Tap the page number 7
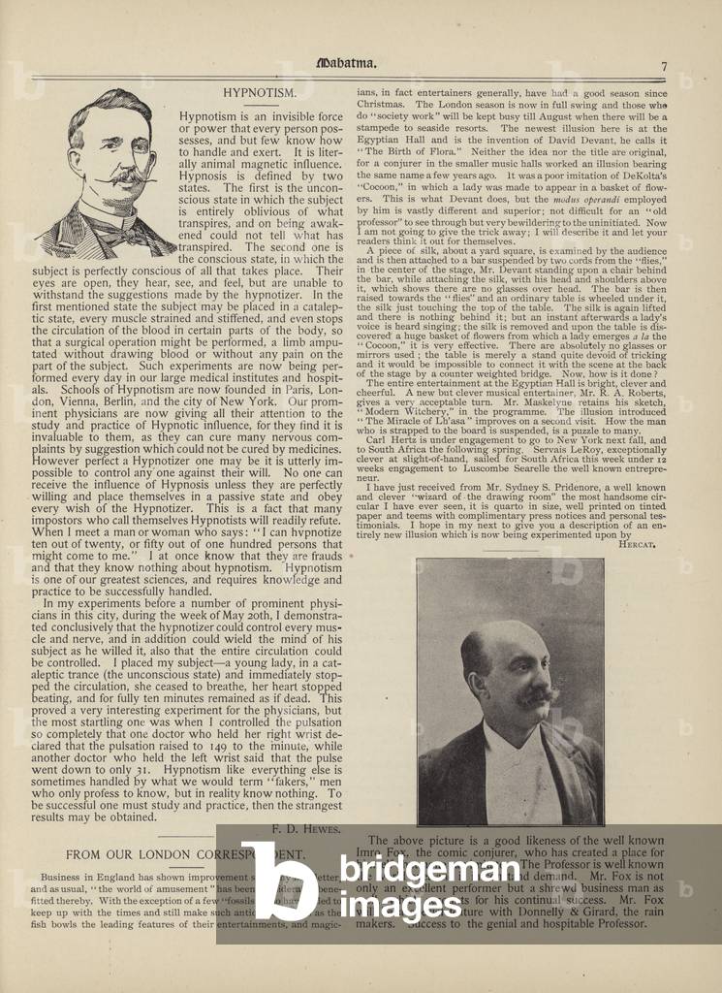coord(664,66)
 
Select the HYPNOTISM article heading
coord(259,93)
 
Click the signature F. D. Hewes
coord(307,828)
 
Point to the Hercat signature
coord(636,545)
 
